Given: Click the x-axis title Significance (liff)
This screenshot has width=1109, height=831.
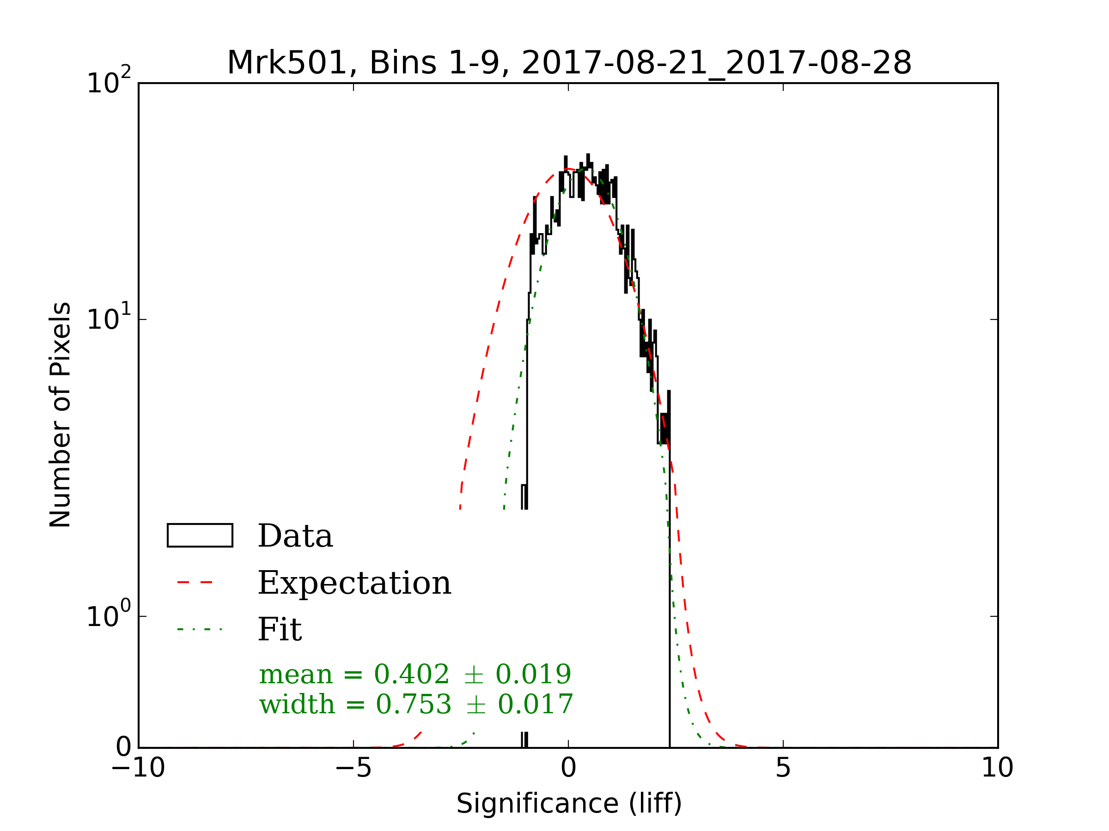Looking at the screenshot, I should click(x=569, y=804).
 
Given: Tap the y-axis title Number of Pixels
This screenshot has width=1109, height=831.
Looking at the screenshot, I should click(x=60, y=415).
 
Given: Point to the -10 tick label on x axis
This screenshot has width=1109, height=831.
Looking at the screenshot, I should click(x=138, y=767).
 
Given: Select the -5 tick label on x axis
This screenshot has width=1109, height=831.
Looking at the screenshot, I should click(x=353, y=767).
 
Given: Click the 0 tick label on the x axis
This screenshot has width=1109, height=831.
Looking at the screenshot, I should click(x=568, y=767).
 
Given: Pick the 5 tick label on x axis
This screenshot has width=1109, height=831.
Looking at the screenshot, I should click(x=783, y=767).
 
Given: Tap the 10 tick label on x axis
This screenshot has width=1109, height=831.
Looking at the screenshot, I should click(x=997, y=767).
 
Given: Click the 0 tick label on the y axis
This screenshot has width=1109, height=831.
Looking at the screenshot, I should click(x=123, y=747).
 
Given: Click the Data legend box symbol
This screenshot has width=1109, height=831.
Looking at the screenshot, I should click(x=200, y=536).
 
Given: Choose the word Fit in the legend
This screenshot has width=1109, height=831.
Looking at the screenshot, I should click(x=280, y=629).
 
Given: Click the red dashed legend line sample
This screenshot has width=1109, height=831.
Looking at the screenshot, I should click(x=195, y=583).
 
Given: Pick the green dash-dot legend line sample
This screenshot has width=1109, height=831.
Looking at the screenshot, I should click(x=200, y=629).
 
